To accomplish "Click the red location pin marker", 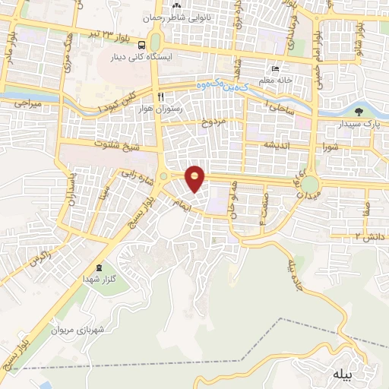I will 195,179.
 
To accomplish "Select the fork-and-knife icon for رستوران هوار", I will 160,97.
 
